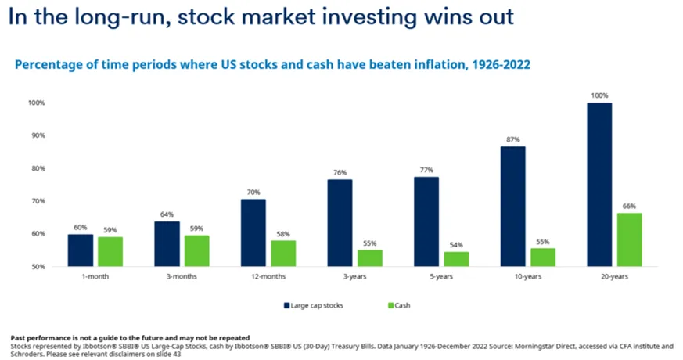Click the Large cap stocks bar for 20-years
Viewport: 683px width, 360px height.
pyautogui.click(x=599, y=185)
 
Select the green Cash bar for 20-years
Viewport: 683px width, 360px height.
pyautogui.click(x=629, y=239)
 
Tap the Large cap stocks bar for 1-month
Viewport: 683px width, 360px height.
pyautogui.click(x=81, y=250)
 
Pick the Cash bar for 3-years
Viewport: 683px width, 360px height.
pyautogui.click(x=370, y=258)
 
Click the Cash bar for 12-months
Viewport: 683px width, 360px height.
pyautogui.click(x=283, y=254)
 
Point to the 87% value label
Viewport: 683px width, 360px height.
pyautogui.click(x=513, y=139)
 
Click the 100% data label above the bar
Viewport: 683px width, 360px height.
pyautogui.click(x=599, y=95)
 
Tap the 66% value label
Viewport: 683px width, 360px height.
pyautogui.click(x=629, y=206)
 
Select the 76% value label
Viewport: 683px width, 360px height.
pyautogui.click(x=340, y=172)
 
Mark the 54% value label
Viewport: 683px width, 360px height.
pyautogui.click(x=456, y=245)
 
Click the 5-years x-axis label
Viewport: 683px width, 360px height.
pyautogui.click(x=441, y=276)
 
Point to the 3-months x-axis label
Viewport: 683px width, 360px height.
pyautogui.click(x=182, y=276)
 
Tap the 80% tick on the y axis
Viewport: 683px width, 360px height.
pyautogui.click(x=37, y=168)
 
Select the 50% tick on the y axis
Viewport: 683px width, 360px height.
pyautogui.click(x=37, y=267)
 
